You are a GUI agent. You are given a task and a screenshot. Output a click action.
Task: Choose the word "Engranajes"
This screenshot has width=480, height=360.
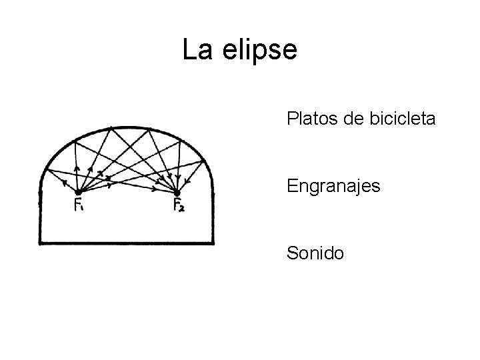333,186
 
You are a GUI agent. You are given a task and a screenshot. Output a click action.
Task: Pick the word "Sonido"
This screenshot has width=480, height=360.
315,253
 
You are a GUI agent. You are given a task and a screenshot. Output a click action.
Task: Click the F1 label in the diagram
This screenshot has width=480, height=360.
79,206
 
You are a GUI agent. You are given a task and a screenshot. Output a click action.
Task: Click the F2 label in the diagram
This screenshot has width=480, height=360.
179,206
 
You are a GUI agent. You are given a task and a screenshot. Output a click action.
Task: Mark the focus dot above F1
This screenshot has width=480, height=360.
78,193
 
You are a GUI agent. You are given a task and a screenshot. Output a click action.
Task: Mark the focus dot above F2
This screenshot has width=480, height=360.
176,193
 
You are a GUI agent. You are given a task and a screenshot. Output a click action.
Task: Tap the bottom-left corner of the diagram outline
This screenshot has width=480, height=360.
41,243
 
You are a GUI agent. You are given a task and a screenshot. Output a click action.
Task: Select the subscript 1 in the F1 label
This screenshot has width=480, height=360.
83,208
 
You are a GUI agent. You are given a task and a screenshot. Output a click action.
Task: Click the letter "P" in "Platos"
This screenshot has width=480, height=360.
291,119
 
